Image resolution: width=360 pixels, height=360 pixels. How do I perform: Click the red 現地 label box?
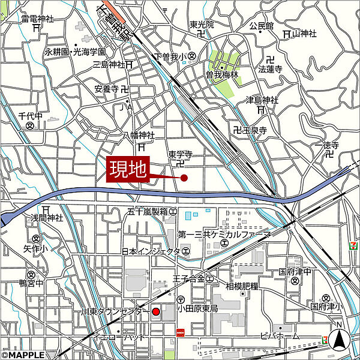click(x=127, y=169)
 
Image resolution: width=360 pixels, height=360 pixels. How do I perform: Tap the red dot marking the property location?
click(x=184, y=178)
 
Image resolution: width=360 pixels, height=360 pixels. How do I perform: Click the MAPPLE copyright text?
click(x=23, y=355)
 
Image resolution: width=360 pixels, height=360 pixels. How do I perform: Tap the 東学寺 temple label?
click(x=180, y=154)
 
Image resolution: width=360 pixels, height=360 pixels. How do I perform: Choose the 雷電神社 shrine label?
click(x=37, y=19)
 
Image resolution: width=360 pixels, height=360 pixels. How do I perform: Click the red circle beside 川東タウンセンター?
click(x=155, y=311)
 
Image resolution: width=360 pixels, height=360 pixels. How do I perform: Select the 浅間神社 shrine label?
click(x=47, y=218)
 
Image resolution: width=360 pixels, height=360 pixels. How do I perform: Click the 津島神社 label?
click(x=262, y=100)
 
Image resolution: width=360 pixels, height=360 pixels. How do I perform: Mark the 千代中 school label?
click(x=30, y=116)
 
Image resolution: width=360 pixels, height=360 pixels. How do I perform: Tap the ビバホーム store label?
click(x=281, y=337)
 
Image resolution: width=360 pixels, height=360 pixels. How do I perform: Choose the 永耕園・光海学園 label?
click(x=75, y=52)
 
